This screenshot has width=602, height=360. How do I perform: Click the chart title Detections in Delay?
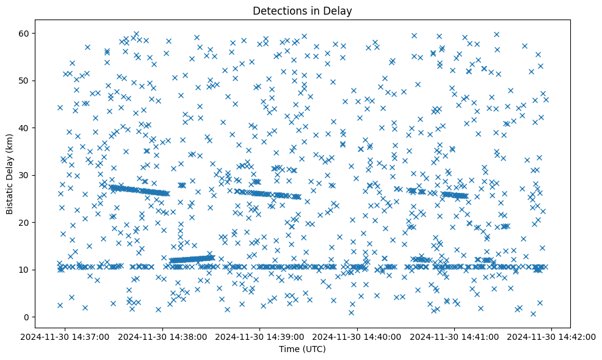(302, 10)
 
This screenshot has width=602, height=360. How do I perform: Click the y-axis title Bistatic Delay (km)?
(10, 174)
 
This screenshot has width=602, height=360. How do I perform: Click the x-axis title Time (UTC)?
(302, 349)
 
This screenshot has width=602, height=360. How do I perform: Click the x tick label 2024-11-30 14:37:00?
(65, 336)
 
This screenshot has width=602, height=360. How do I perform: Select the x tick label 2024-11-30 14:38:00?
(162, 336)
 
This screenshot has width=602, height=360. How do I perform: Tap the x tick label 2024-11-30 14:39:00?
(260, 336)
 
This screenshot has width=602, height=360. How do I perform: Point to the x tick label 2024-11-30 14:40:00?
(357, 336)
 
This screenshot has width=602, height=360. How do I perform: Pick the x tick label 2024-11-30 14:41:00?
(455, 336)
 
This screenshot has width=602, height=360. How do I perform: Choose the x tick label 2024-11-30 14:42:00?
(552, 336)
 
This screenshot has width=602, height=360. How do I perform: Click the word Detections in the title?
(277, 10)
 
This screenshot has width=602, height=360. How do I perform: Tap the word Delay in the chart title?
(340, 10)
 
